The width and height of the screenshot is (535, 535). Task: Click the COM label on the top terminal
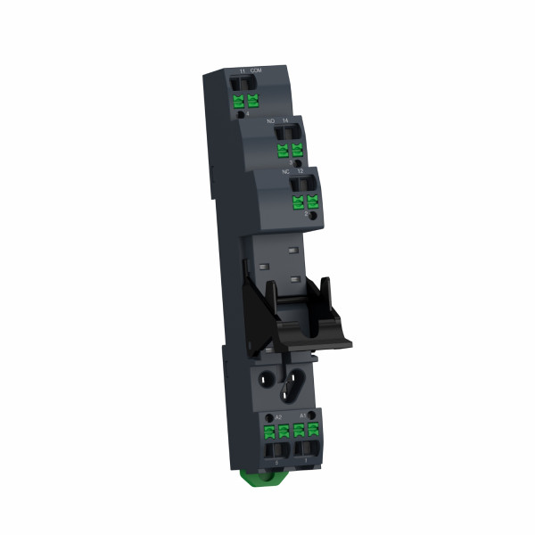pyautogui.click(x=257, y=70)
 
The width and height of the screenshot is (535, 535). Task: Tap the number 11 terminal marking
pyautogui.click(x=242, y=70)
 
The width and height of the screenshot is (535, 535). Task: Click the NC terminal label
pyautogui.click(x=285, y=169)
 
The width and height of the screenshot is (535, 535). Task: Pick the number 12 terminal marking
pyautogui.click(x=300, y=169)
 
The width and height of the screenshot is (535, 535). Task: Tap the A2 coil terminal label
pyautogui.click(x=278, y=416)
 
